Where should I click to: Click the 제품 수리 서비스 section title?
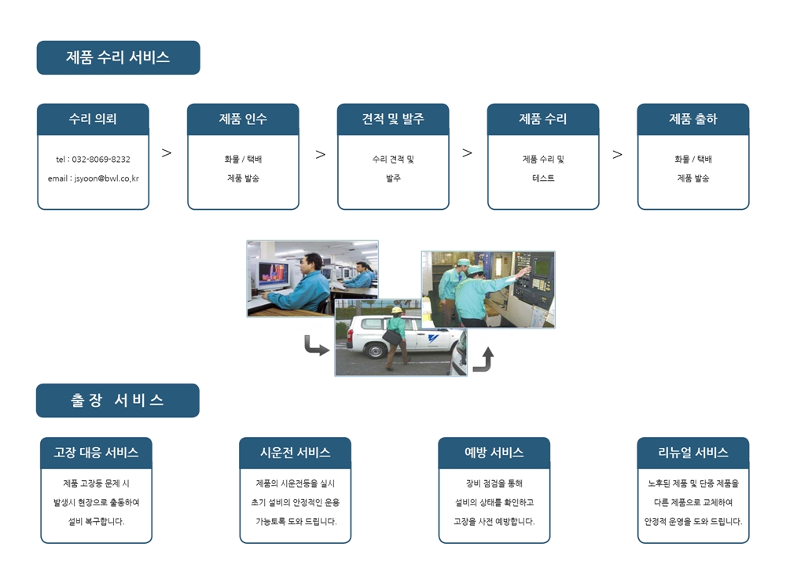click(119, 57)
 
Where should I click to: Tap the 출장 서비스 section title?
click(118, 401)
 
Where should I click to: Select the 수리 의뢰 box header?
click(94, 119)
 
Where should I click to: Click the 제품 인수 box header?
click(243, 119)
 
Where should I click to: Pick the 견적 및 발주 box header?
click(393, 119)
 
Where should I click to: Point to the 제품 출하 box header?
click(693, 119)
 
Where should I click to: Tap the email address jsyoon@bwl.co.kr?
click(107, 178)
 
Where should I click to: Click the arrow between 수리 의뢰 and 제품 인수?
click(167, 153)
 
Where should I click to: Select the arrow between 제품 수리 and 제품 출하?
click(618, 154)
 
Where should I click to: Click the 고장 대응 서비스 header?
click(96, 453)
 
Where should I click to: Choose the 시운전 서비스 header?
click(296, 453)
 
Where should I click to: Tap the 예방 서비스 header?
click(494, 453)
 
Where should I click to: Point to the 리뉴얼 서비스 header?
click(693, 453)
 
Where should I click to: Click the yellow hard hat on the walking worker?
click(396, 310)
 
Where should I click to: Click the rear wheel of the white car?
click(375, 350)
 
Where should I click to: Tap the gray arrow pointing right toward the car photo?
click(316, 347)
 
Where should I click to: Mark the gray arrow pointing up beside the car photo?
click(483, 359)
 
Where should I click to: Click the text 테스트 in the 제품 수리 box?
click(543, 178)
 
